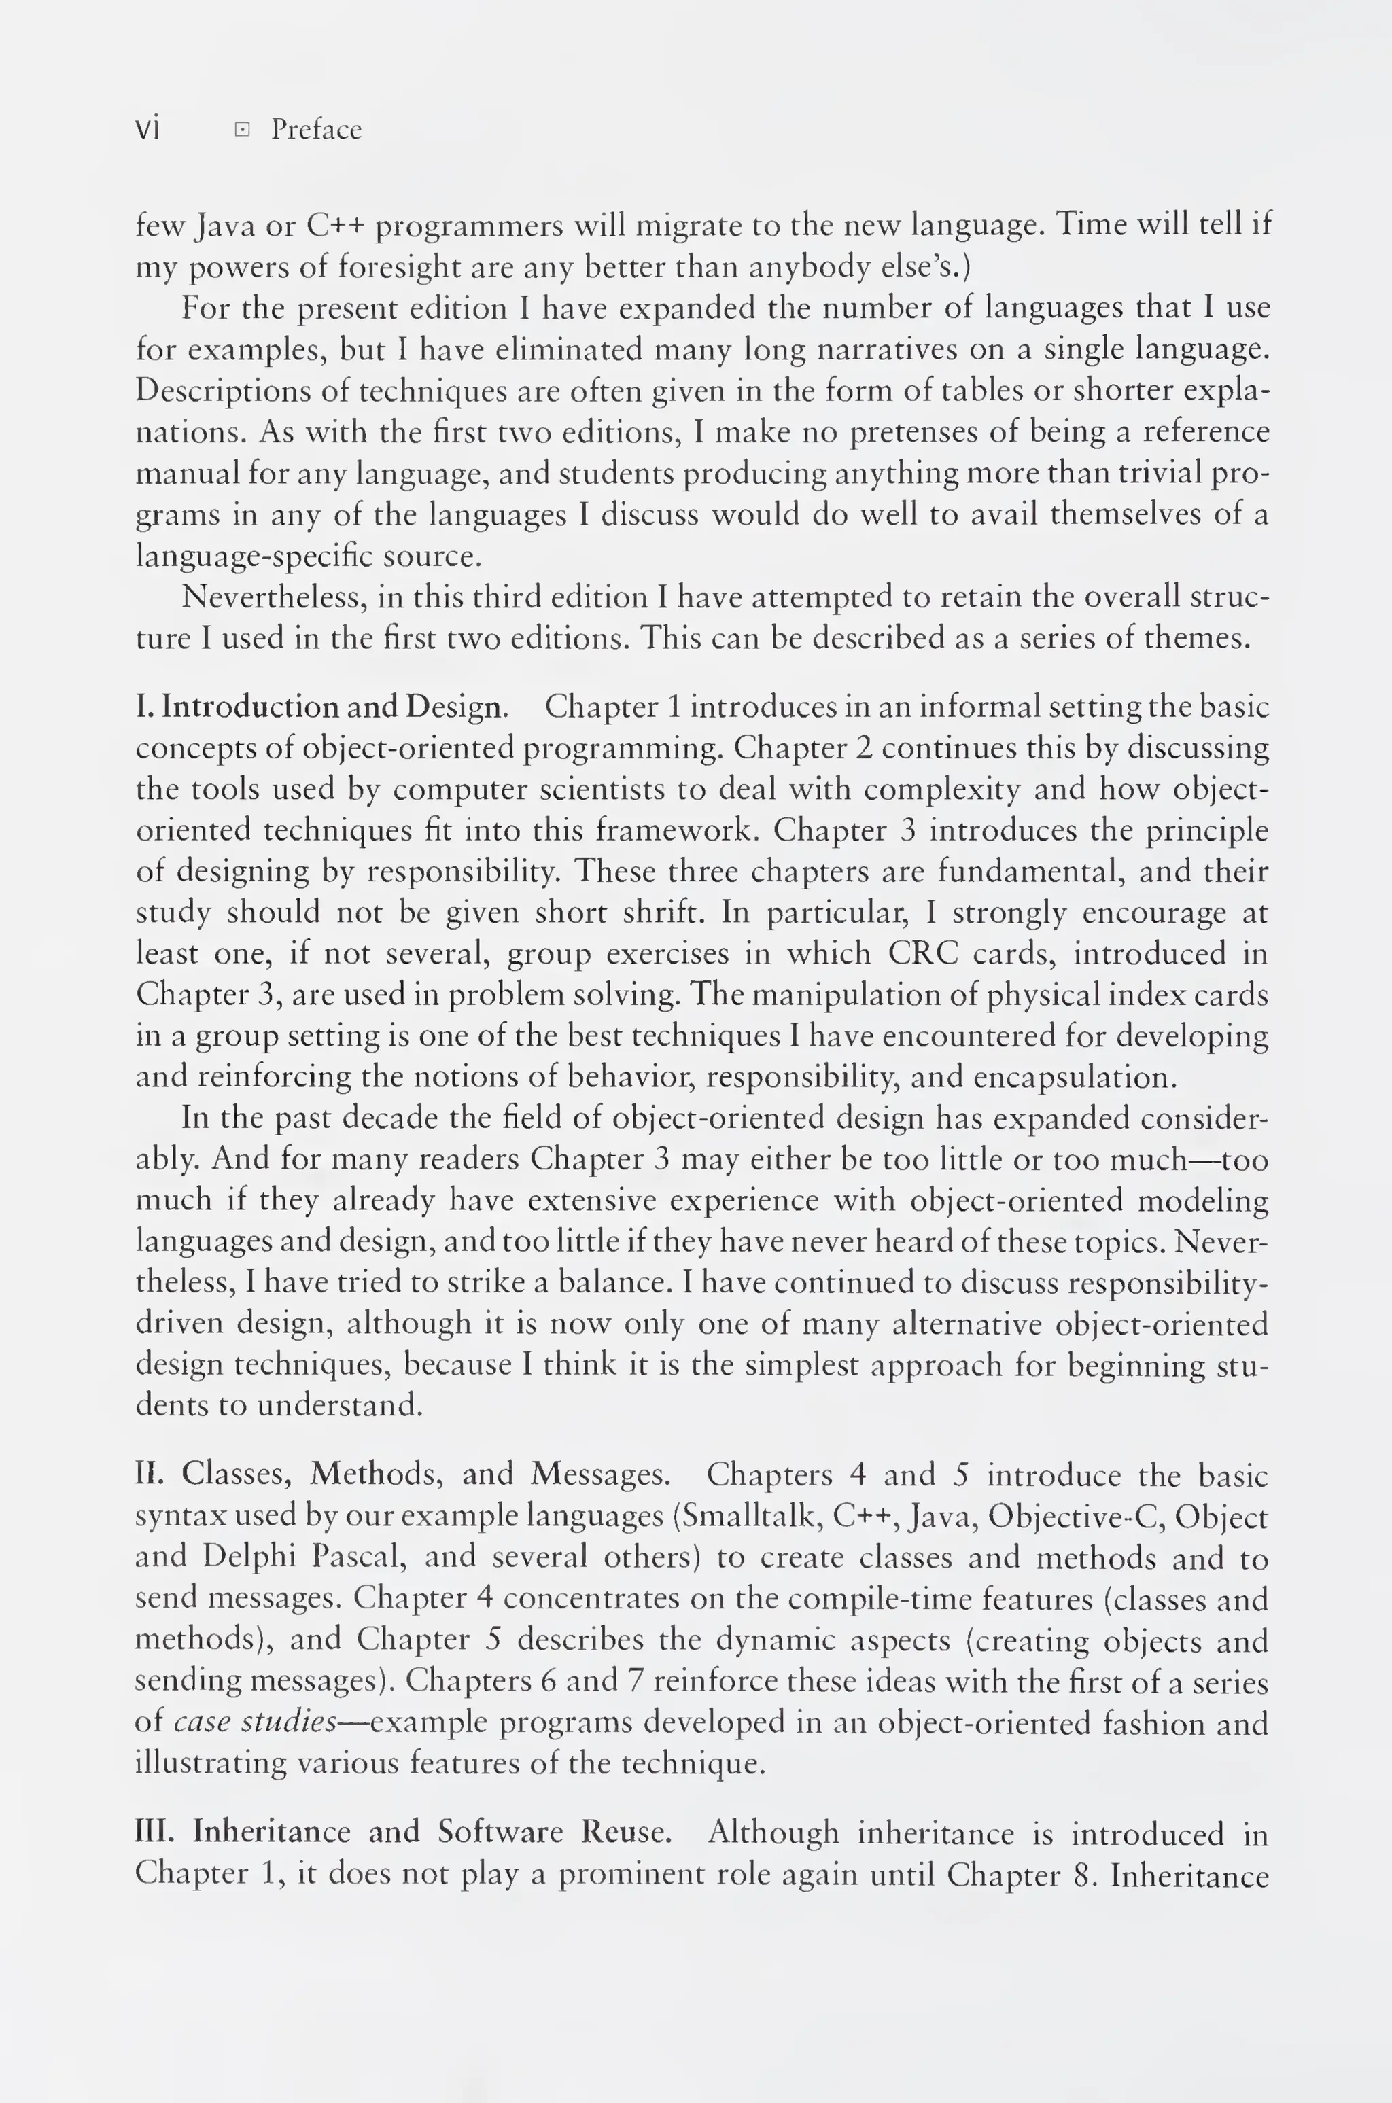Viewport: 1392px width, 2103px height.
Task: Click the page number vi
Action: pos(147,130)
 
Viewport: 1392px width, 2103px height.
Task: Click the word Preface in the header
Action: pos(316,130)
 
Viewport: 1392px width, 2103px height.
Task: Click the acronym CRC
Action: pos(922,954)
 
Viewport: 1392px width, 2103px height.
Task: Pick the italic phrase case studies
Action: pos(255,1722)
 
